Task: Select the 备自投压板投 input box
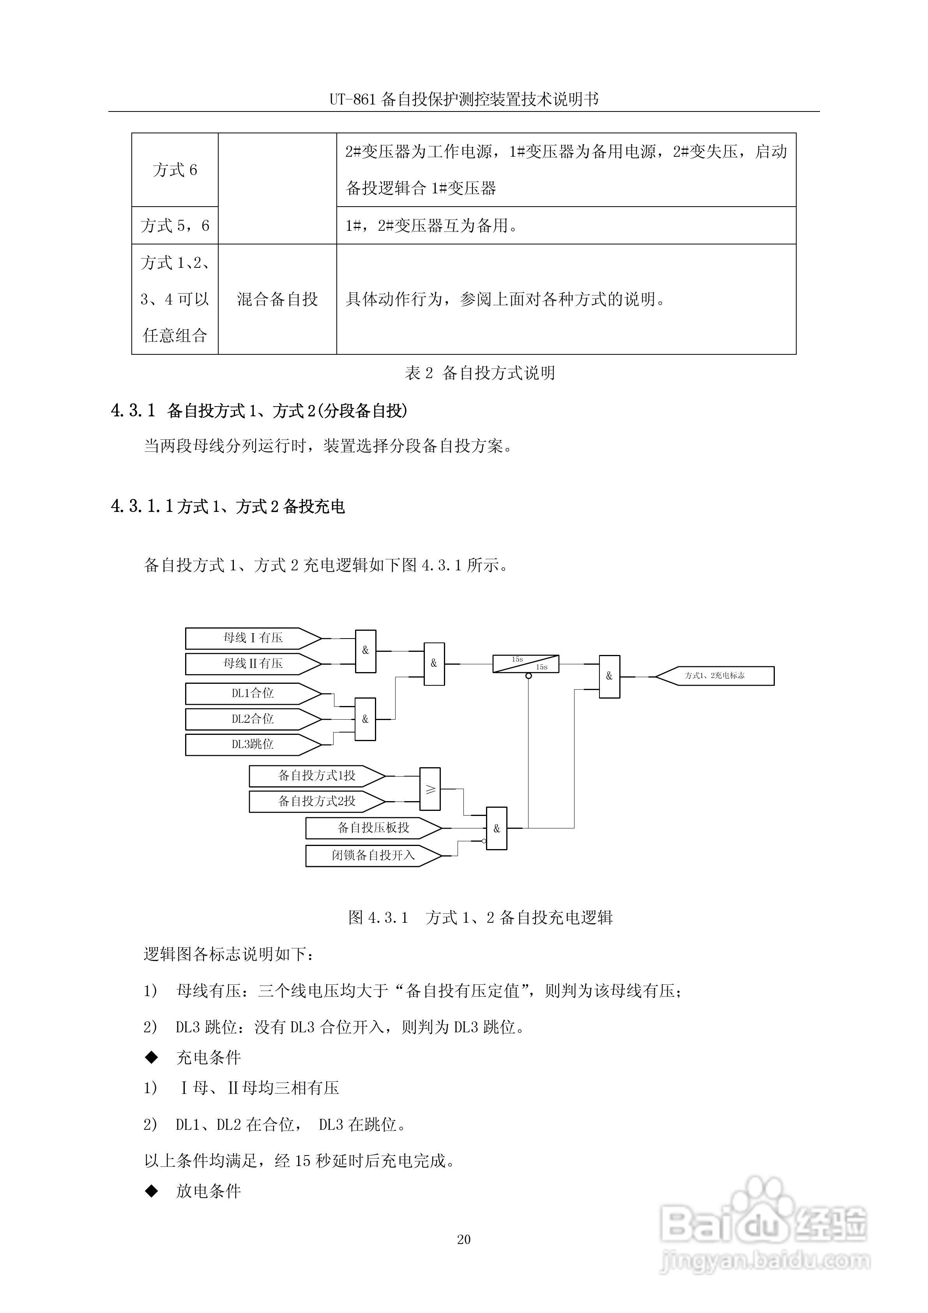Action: click(373, 828)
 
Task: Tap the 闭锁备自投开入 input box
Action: click(373, 855)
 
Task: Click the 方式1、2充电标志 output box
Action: click(715, 676)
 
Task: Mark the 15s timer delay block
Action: click(525, 664)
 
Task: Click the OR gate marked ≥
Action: click(430, 789)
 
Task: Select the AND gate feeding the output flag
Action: click(609, 676)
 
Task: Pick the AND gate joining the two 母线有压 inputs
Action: click(365, 651)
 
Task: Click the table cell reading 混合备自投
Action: click(278, 299)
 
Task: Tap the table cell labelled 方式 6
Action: click(175, 170)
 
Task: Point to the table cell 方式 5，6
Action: click(175, 226)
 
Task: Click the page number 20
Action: click(464, 1239)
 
